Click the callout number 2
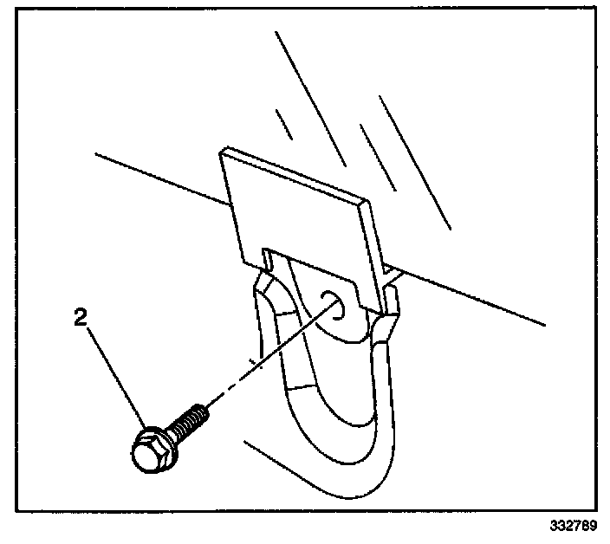pyautogui.click(x=80, y=318)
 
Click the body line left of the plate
pyautogui.click(x=156, y=177)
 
